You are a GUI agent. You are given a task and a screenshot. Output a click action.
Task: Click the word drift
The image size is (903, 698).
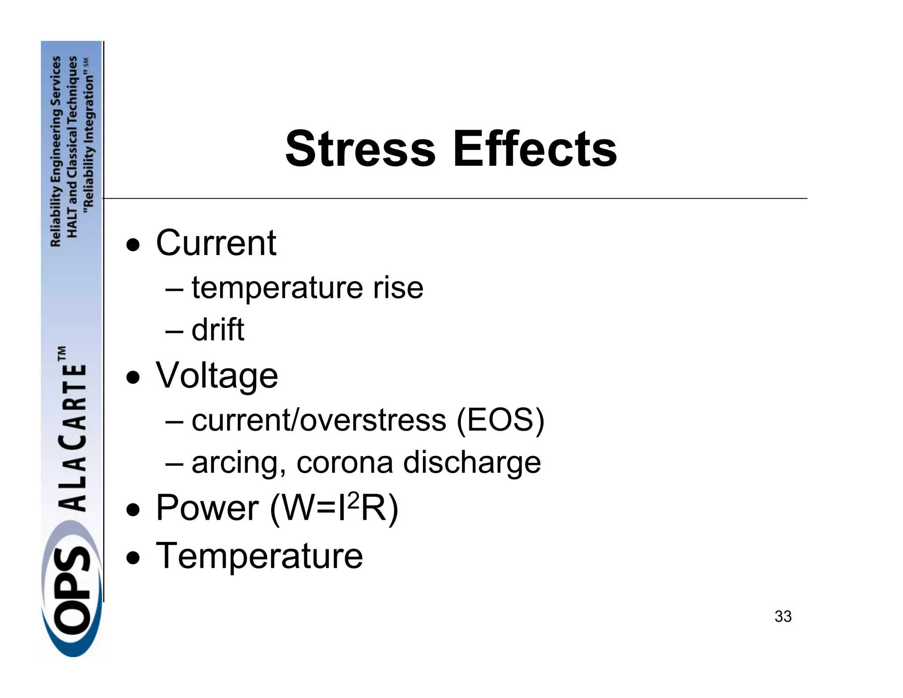218,330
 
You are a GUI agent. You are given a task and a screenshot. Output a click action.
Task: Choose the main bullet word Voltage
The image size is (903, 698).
216,375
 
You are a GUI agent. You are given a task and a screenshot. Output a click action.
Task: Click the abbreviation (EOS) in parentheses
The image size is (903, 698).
500,420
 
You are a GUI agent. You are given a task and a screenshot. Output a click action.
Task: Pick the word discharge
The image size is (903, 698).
472,463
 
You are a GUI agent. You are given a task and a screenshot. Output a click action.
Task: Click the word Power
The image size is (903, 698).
207,508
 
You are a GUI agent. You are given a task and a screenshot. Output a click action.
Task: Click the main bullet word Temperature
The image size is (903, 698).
259,556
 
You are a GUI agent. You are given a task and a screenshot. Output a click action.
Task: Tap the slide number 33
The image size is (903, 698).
783,617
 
